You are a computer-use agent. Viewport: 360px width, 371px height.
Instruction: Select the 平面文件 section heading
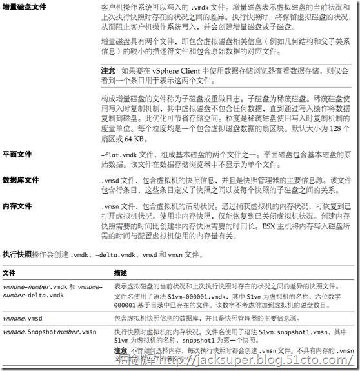[17, 155]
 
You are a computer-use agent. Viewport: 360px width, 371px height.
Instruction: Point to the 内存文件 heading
[17, 206]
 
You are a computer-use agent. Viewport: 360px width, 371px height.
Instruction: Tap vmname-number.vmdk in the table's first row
[39, 286]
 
